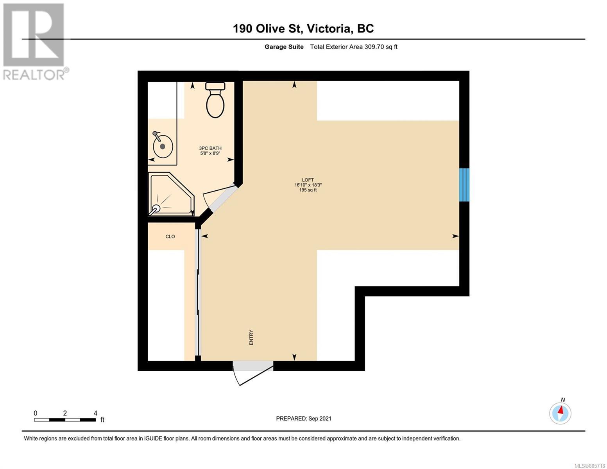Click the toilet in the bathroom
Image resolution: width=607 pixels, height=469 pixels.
(x=215, y=100)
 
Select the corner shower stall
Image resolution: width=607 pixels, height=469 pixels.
(x=171, y=194)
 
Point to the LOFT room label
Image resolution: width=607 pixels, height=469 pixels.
(x=308, y=180)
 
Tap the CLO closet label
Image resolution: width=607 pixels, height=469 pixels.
(x=170, y=236)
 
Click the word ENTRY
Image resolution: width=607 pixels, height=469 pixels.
(x=251, y=337)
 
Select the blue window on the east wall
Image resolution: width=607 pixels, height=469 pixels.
(x=464, y=184)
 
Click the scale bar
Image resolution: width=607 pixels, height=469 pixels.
(x=65, y=420)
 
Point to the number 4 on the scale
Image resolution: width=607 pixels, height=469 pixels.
(x=95, y=413)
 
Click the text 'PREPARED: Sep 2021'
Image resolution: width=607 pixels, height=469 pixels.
(x=304, y=419)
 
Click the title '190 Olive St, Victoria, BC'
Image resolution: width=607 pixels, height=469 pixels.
(x=303, y=29)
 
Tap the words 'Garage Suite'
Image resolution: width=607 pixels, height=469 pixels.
(x=284, y=47)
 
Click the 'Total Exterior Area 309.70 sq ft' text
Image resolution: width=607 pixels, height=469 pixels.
(x=354, y=47)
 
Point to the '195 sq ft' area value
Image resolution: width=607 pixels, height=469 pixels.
(x=308, y=190)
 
